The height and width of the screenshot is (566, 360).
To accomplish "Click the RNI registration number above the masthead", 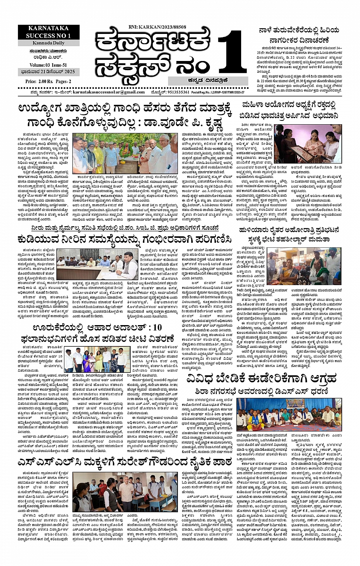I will click(x=157, y=27).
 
